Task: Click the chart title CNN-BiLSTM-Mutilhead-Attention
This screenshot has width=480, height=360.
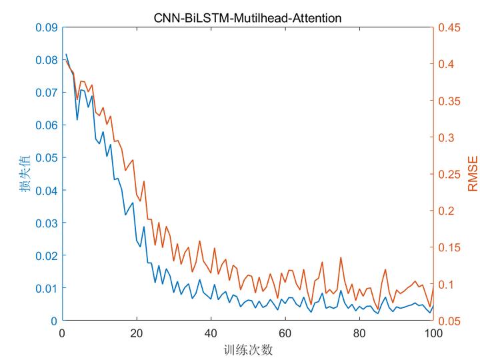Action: pos(247,18)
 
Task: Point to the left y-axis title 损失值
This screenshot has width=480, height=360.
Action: pos(25,174)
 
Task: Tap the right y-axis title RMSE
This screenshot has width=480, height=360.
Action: pos(472,174)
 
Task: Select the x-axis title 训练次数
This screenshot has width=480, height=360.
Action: pos(247,349)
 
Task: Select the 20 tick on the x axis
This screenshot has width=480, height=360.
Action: pos(136,332)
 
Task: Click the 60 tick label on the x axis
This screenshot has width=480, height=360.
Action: pos(285,332)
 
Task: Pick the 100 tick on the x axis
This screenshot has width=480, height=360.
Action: pos(433,332)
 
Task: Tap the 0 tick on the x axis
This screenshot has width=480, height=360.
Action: pos(62,332)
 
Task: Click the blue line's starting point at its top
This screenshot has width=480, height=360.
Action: pos(66,55)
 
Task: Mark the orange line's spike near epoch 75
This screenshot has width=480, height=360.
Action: pos(341,257)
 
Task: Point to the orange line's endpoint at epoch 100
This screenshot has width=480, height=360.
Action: pos(433,285)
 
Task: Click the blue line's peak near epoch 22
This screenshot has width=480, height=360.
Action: pos(143,227)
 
